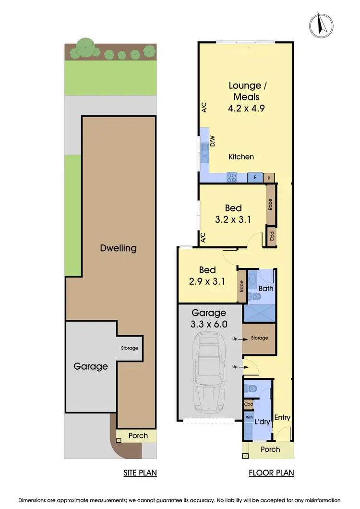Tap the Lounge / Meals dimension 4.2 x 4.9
pyautogui.click(x=246, y=108)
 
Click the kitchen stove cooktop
pyautogui.click(x=231, y=177)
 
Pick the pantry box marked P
pyautogui.click(x=269, y=178)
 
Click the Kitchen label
pyautogui.click(x=241, y=157)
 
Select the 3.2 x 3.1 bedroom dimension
pyautogui.click(x=233, y=219)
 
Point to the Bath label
pyautogui.click(x=265, y=289)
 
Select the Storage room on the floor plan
pyautogui.click(x=259, y=338)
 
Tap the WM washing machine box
pyautogui.click(x=249, y=418)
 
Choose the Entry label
pyautogui.click(x=282, y=417)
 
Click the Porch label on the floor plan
pyautogui.click(x=270, y=449)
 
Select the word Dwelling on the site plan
pyautogui.click(x=118, y=248)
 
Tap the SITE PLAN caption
pyautogui.click(x=140, y=473)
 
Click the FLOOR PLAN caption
pyautogui.click(x=271, y=473)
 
